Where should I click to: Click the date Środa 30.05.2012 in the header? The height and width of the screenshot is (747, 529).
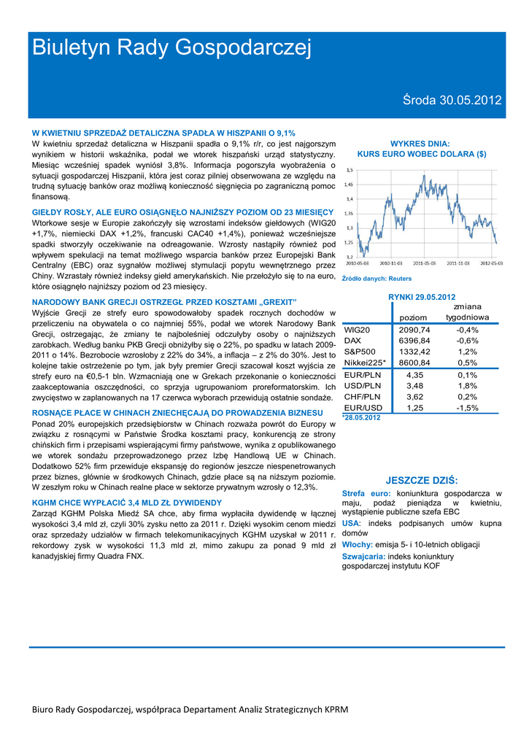point(452,101)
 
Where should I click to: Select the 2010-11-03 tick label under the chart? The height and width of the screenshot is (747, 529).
point(390,263)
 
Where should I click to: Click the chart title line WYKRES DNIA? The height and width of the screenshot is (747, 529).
point(420,144)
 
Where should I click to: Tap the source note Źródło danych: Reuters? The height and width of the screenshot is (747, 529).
point(377,279)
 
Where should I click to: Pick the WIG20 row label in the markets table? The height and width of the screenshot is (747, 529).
point(358,330)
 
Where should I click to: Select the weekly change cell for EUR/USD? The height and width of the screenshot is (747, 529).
point(467,407)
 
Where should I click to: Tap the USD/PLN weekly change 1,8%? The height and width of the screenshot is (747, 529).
point(467,385)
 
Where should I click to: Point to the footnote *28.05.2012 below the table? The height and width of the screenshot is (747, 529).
point(362,417)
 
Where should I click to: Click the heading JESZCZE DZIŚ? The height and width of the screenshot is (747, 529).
point(422,480)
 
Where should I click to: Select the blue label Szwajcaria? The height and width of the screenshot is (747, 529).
point(363,556)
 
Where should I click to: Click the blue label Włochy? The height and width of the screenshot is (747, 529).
point(358,545)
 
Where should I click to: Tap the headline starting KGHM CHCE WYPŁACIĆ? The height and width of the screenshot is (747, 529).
point(127,503)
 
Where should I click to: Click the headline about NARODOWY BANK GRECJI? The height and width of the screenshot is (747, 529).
point(164,302)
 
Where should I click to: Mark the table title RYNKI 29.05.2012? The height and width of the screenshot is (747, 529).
point(422,297)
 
